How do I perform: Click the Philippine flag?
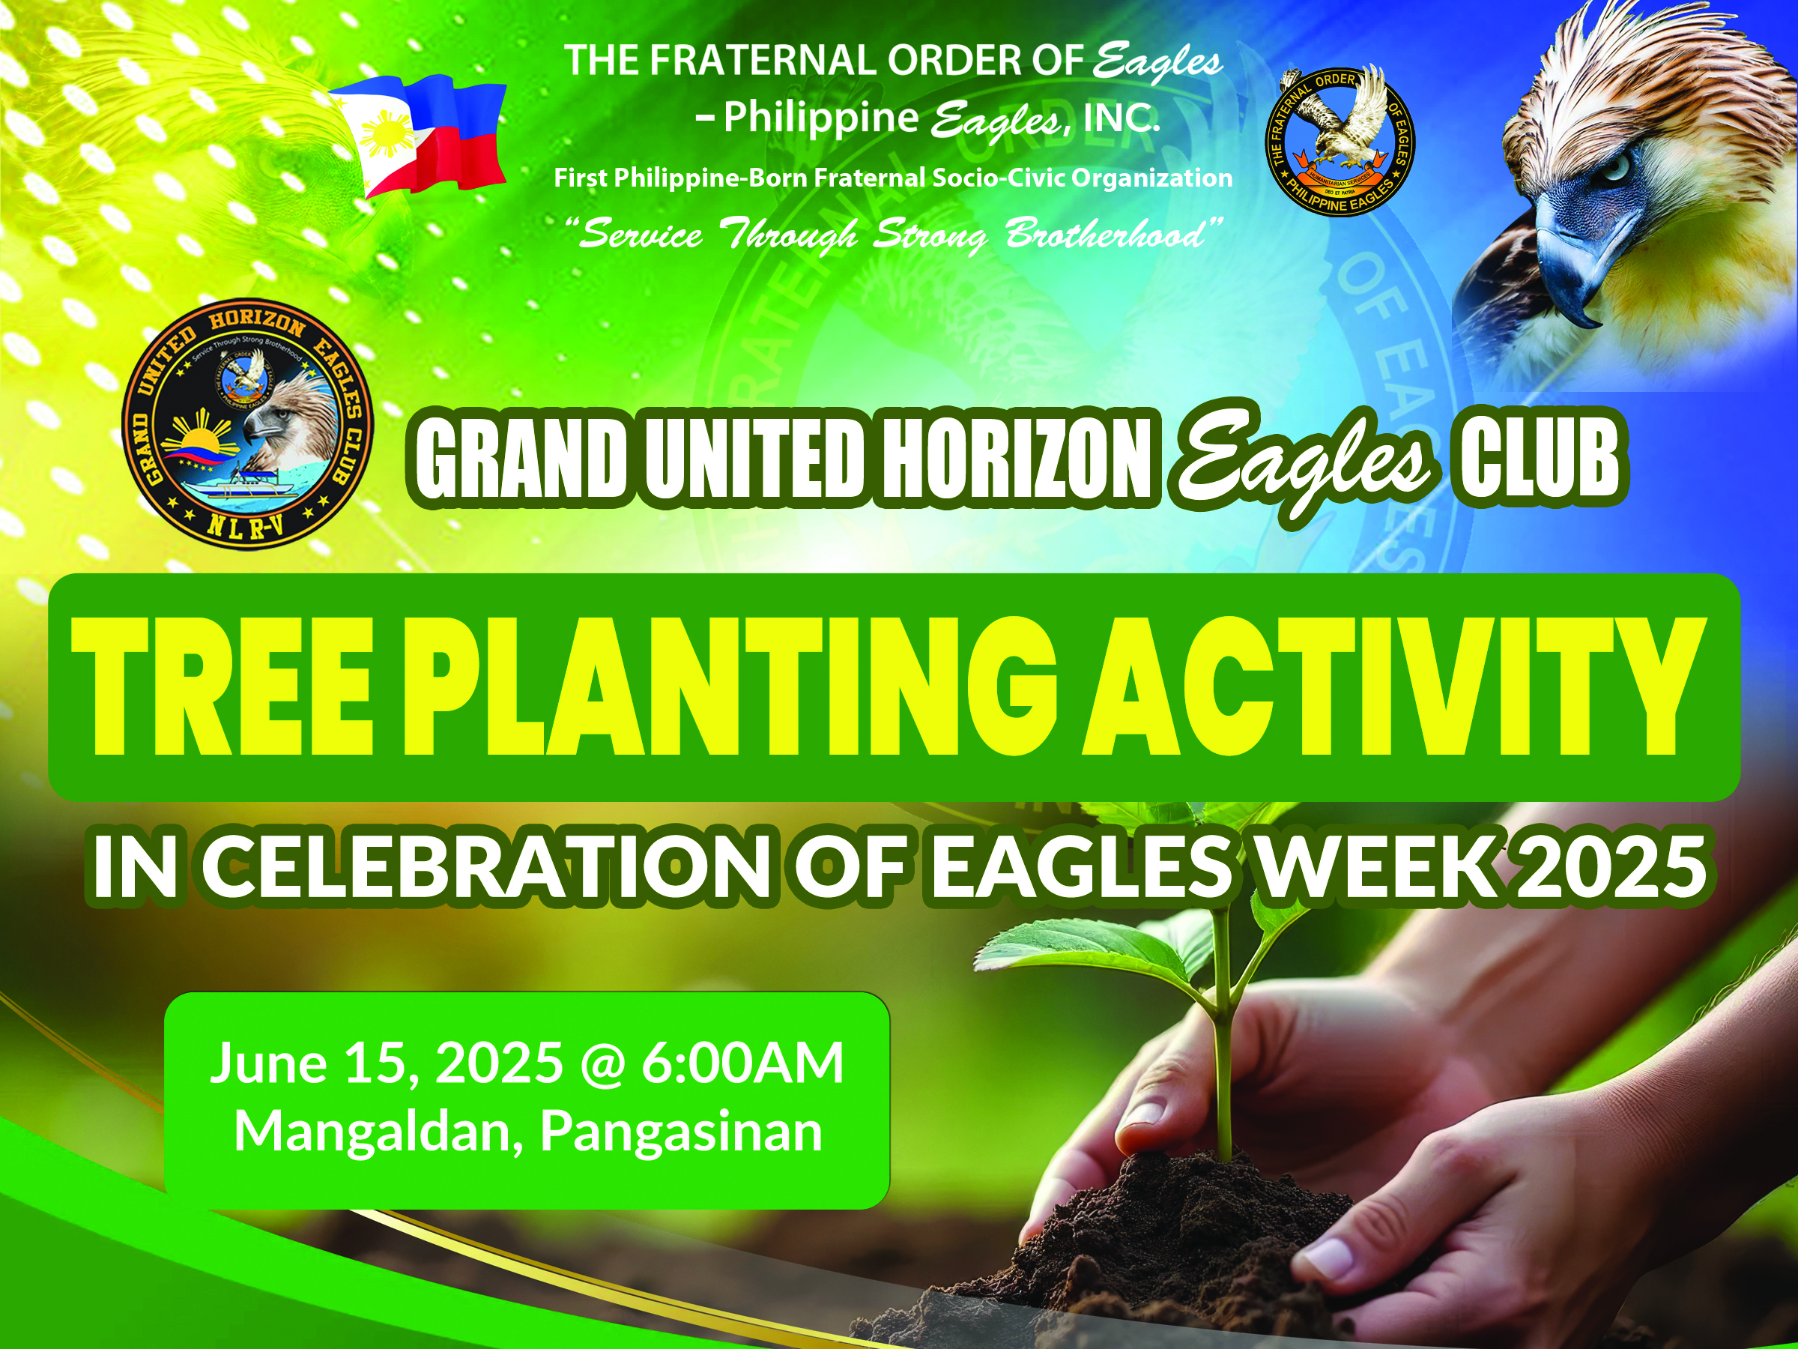coord(417,135)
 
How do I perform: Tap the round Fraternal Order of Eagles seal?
coord(1340,142)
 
